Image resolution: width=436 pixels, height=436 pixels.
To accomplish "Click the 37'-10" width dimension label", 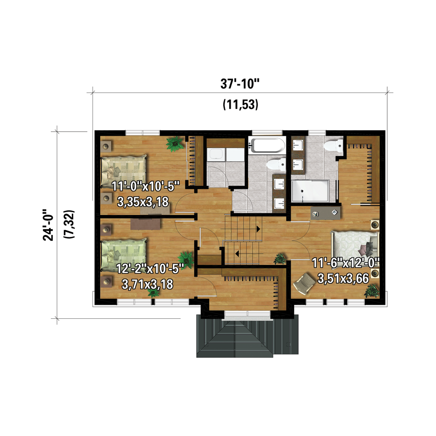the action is pyautogui.click(x=240, y=84).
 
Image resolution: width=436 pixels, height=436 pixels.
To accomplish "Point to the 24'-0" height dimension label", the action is pyautogui.click(x=48, y=225).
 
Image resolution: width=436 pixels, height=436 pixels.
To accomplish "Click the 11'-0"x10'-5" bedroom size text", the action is pyautogui.click(x=144, y=186).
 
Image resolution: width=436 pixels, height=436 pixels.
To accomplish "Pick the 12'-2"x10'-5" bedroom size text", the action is pyautogui.click(x=150, y=268).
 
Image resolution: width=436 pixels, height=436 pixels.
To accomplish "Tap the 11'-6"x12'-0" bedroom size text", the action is pyautogui.click(x=345, y=263).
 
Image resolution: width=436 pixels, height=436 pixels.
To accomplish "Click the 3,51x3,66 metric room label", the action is pyautogui.click(x=343, y=279).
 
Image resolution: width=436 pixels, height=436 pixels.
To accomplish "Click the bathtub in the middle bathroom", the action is pyautogui.click(x=267, y=144).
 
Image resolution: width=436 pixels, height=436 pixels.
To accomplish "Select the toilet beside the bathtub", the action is pyautogui.click(x=276, y=164).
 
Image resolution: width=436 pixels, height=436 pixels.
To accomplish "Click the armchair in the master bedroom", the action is pyautogui.click(x=304, y=283).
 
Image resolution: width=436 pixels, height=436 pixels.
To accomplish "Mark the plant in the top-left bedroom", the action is pyautogui.click(x=175, y=144).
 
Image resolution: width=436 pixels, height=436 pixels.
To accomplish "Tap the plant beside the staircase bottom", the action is pyautogui.click(x=280, y=259).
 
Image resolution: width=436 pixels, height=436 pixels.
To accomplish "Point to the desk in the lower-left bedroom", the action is pyautogui.click(x=145, y=224).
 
